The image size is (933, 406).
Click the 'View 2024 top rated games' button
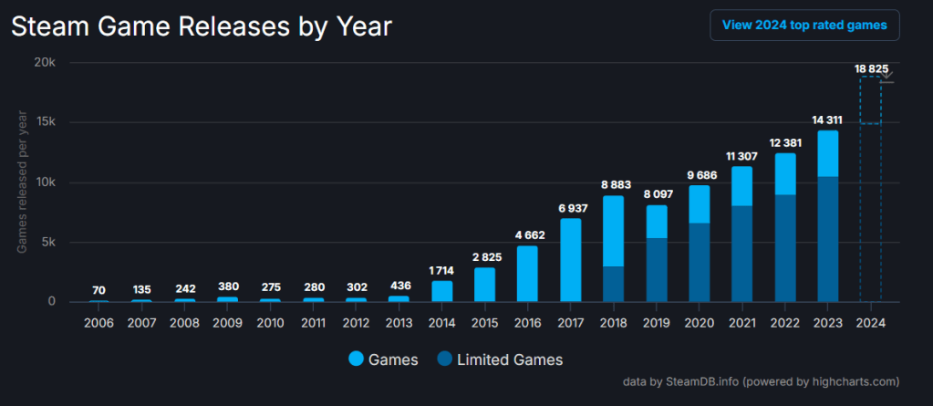click(804, 26)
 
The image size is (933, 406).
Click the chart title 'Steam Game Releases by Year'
click(202, 26)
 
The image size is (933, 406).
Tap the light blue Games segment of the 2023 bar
click(827, 152)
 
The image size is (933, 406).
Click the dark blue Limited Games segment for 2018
click(614, 283)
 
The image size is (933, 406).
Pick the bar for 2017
click(571, 259)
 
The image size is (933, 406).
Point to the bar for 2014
click(442, 291)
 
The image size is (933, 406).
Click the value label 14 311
click(827, 120)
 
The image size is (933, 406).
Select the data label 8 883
click(614, 184)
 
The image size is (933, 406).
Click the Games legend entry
click(383, 359)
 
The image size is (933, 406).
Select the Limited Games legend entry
click(499, 359)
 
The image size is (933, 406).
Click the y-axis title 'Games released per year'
click(22, 182)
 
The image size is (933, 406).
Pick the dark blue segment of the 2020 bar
click(699, 262)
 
